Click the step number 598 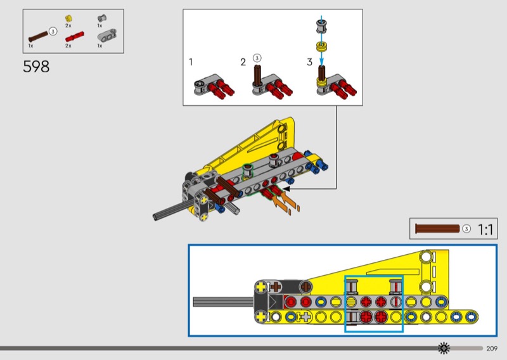coord(36,67)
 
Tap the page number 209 coord(492,349)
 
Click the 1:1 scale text coord(485,229)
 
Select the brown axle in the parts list coord(39,37)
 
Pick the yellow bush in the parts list coord(68,18)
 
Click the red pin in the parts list coord(75,37)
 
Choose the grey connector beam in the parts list coord(107,35)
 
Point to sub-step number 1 coord(191,61)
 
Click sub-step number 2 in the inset coord(243,62)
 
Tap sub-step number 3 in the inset coord(309,61)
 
